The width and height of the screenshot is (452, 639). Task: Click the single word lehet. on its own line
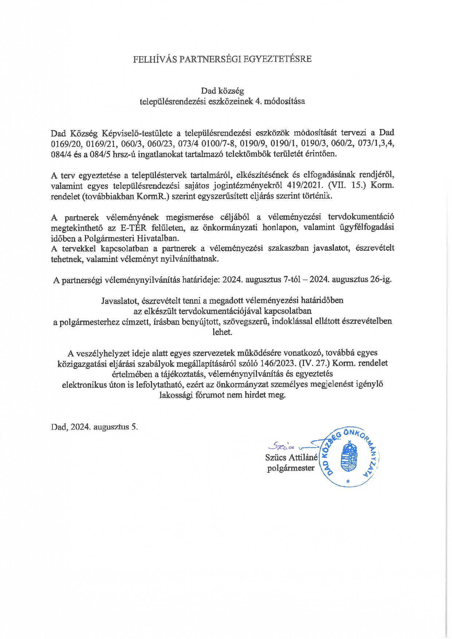tap(222, 332)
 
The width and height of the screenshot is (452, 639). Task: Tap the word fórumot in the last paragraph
tap(209, 395)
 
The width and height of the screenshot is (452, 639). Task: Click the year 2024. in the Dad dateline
tap(81, 427)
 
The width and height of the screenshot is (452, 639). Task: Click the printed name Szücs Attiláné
tap(291, 457)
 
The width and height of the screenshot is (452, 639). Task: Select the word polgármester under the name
tap(291, 468)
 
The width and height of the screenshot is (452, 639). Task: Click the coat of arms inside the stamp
tap(349, 457)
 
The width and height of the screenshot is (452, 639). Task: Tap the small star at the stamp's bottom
tap(348, 482)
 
